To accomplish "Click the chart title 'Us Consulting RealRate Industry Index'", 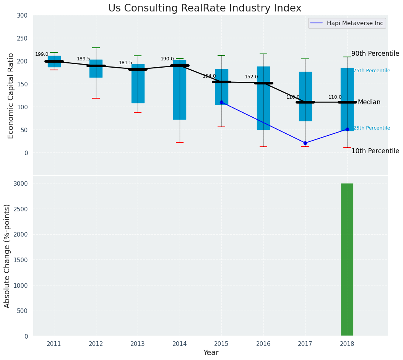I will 205,8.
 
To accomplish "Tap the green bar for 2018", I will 347,259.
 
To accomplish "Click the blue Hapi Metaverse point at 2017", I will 305,143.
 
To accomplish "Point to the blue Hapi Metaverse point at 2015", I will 221,102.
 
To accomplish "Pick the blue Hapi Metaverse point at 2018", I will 347,129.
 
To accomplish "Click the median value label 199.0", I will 42,54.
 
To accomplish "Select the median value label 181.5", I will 125,63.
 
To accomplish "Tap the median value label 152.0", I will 251,77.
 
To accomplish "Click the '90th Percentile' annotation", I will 375,54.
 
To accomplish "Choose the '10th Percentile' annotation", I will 375,151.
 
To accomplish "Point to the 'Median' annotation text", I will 369,102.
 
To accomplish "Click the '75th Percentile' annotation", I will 371,71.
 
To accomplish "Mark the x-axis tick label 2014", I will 180,344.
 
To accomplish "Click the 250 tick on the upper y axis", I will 22,38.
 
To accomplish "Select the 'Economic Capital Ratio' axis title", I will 11,96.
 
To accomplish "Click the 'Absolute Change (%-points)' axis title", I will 7,256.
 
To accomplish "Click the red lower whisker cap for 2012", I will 96,98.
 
